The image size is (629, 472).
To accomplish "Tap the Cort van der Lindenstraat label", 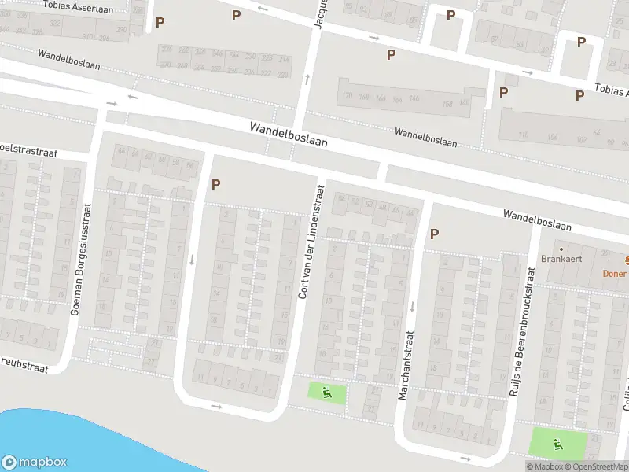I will click(311, 242).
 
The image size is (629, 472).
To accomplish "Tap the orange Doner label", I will click(615, 273).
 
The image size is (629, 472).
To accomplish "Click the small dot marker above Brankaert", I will click(561, 249).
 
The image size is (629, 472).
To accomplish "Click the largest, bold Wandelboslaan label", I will click(288, 135).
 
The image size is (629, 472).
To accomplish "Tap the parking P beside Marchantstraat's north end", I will click(433, 234).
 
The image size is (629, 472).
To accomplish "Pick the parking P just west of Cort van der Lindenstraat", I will click(215, 184).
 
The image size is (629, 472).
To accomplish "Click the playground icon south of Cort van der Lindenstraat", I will click(327, 391).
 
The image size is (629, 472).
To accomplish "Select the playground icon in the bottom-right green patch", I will click(558, 444).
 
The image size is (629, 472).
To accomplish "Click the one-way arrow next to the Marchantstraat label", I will click(410, 306).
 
